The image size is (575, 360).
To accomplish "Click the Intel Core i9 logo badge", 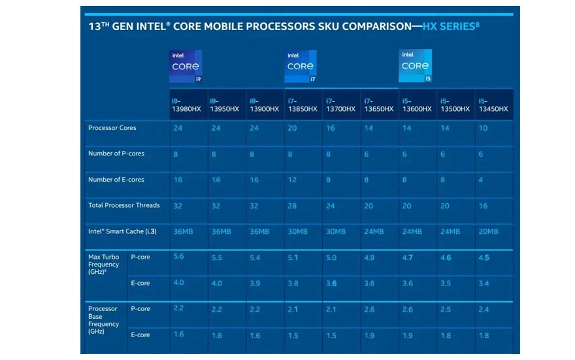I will point(186,66).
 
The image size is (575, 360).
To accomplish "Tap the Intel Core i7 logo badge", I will point(301,66).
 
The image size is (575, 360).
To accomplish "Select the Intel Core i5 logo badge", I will point(416,66).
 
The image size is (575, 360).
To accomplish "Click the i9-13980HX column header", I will point(186,105).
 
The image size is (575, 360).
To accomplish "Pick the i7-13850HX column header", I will point(303,105).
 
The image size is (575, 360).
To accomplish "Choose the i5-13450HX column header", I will point(493,105).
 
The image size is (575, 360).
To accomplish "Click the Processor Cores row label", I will point(112,128).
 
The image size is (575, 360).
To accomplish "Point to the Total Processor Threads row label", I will point(124,205).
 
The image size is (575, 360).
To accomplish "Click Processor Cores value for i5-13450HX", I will point(484,128).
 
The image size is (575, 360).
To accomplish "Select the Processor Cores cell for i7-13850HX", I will point(292,128).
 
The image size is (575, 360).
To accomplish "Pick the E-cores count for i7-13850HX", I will point(292,180).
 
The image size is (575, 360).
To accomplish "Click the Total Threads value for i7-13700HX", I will point(331,206).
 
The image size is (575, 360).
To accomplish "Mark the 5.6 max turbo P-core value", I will point(178,257).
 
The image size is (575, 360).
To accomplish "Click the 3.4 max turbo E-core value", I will point(484,284).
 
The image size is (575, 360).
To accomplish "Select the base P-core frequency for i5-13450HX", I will point(484,309).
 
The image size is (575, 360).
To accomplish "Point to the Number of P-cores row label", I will point(116,154).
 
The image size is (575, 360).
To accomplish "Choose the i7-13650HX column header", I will point(379,105).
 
